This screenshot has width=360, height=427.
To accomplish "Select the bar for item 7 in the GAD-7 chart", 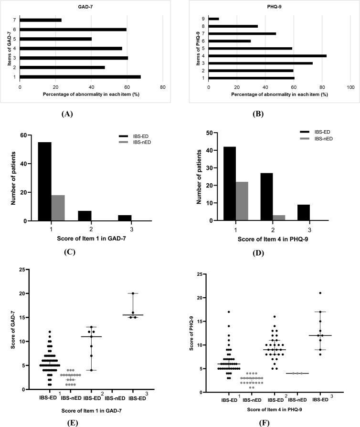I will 41,20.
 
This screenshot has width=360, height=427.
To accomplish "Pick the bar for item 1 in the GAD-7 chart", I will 80,76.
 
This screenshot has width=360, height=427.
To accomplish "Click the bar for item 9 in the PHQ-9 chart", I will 214,19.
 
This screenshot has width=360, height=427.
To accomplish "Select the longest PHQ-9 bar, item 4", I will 267,56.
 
